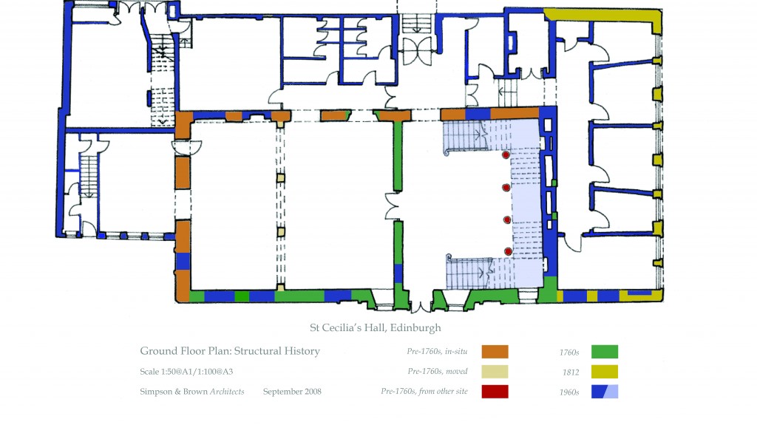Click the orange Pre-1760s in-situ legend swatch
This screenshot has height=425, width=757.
click(x=495, y=352)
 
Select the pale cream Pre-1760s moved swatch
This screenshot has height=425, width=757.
click(x=495, y=371)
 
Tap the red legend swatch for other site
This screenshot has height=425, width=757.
click(x=495, y=391)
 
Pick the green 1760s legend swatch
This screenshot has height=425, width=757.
click(x=605, y=352)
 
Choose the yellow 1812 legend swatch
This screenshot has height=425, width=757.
click(x=605, y=371)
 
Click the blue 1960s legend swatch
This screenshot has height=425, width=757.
click(x=605, y=391)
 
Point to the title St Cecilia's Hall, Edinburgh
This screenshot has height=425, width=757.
click(x=375, y=328)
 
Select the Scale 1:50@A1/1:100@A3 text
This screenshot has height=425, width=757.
click(x=186, y=371)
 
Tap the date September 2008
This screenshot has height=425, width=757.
click(x=292, y=392)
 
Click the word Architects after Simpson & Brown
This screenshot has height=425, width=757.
click(x=227, y=392)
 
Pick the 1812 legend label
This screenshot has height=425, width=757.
click(x=571, y=373)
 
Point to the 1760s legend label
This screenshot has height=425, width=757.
click(x=569, y=353)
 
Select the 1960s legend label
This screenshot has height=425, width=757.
click(x=569, y=392)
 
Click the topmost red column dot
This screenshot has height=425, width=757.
click(x=506, y=155)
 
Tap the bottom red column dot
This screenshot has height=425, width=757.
click(x=508, y=251)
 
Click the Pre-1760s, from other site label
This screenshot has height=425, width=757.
click(x=424, y=391)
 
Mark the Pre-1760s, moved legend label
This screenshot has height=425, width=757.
click(x=438, y=371)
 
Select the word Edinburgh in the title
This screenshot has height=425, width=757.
click(x=415, y=328)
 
